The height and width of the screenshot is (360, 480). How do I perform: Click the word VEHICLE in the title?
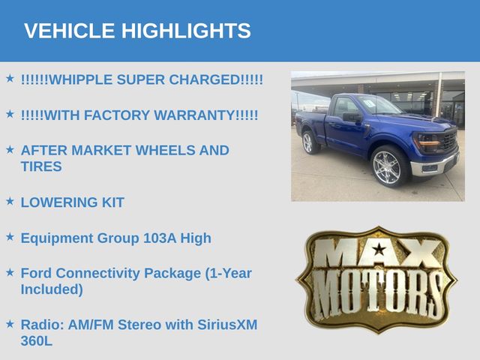pos(69,31)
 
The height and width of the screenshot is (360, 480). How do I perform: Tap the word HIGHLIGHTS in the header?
pos(186,31)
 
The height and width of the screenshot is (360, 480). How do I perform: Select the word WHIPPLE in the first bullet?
pos(81,79)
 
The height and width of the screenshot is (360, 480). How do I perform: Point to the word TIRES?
pos(41,166)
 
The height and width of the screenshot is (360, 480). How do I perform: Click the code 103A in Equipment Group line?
pos(160,238)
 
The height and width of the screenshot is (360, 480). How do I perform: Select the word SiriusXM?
pos(227,325)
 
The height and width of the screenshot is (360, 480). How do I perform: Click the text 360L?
pos(37,341)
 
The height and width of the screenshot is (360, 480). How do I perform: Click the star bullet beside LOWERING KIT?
pos(10,201)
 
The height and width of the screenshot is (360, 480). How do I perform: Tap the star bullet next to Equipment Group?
pos(10,237)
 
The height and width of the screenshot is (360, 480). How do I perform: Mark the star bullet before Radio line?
pos(10,323)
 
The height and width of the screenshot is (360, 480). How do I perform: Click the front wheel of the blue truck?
pos(388,166)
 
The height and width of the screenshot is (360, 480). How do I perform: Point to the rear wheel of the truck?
pos(309,142)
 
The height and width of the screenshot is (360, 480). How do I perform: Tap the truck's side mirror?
pos(352,117)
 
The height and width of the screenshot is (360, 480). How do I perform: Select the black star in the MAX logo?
pos(379,249)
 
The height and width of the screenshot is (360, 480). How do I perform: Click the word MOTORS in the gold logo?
pos(376,294)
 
